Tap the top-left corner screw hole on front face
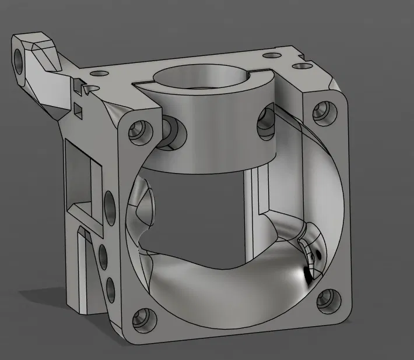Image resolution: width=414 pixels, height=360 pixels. [x=139, y=131]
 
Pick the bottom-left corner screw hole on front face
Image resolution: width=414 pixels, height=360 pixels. [x=141, y=318]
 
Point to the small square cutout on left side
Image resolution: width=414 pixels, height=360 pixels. [x=78, y=108]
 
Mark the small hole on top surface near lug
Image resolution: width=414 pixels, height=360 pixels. [x=98, y=74]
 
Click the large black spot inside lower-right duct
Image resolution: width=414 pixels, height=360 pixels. [x=306, y=273]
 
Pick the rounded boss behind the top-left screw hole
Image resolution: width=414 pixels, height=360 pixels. [x=173, y=132]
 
